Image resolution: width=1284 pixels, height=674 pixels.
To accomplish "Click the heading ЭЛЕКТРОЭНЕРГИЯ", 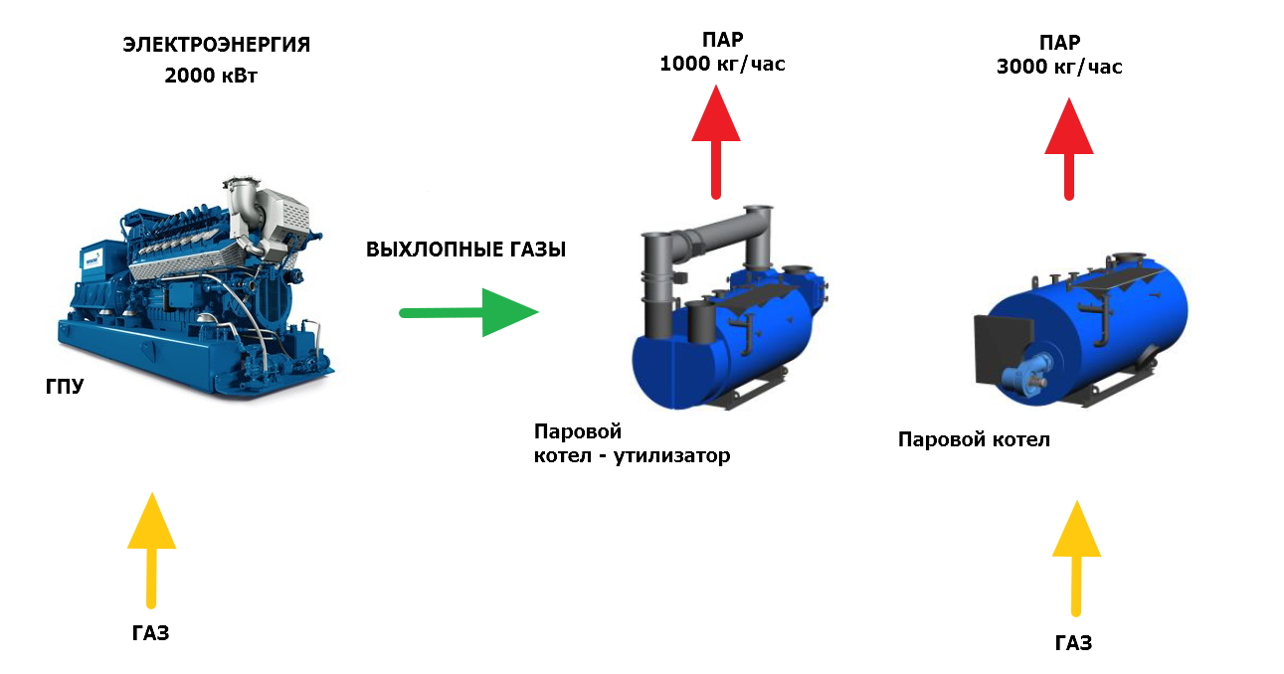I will tap(216, 45).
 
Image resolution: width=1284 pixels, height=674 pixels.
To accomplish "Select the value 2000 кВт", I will tap(211, 76).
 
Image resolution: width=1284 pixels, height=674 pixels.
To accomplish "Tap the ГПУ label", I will tap(65, 386).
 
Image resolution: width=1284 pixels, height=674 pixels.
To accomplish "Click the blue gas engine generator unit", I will tap(199, 288).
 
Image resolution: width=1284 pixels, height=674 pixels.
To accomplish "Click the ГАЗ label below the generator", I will tap(150, 633).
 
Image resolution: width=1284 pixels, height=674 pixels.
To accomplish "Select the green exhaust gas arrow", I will tap(467, 312).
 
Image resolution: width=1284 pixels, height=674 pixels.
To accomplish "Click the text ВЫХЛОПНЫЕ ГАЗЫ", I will tap(465, 251).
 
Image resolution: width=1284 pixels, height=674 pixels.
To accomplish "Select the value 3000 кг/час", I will tap(1059, 68).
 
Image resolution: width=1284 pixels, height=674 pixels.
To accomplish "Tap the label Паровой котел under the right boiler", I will tap(974, 439).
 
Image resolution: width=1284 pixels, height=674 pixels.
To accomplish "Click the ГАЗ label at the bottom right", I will tap(1074, 643).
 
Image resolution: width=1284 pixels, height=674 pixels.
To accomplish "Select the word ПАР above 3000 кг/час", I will tap(1060, 42).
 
